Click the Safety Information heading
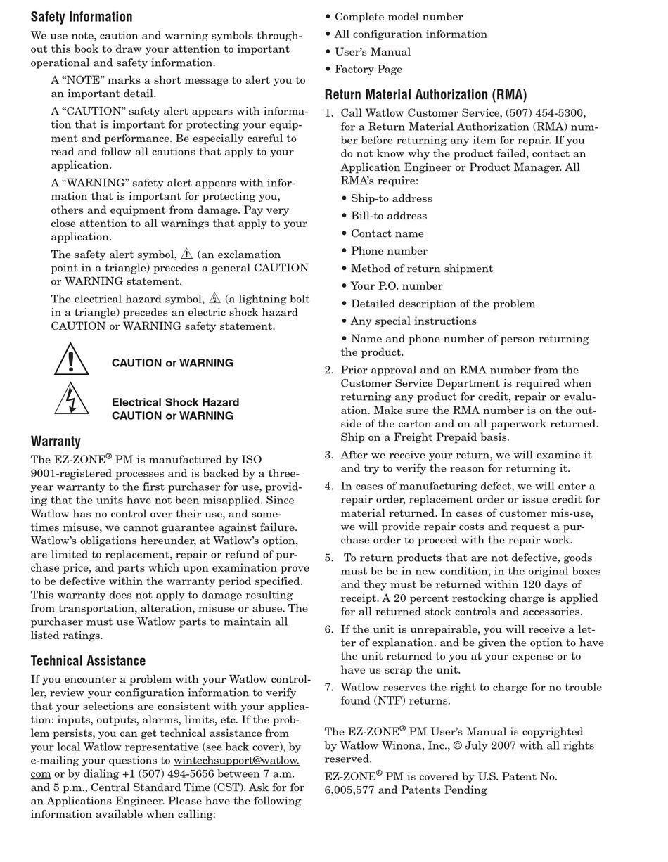[82, 17]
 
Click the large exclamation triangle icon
[71, 360]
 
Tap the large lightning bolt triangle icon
[71, 399]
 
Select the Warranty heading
[56, 442]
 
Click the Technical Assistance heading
[88, 661]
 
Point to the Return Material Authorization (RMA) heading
[425, 95]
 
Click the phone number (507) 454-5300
[544, 113]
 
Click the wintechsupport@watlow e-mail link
[236, 761]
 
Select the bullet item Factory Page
[368, 70]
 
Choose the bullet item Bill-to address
[389, 216]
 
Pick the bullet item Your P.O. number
[397, 286]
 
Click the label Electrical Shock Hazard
[175, 403]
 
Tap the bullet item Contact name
[387, 233]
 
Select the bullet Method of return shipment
[422, 269]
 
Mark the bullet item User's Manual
[373, 52]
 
